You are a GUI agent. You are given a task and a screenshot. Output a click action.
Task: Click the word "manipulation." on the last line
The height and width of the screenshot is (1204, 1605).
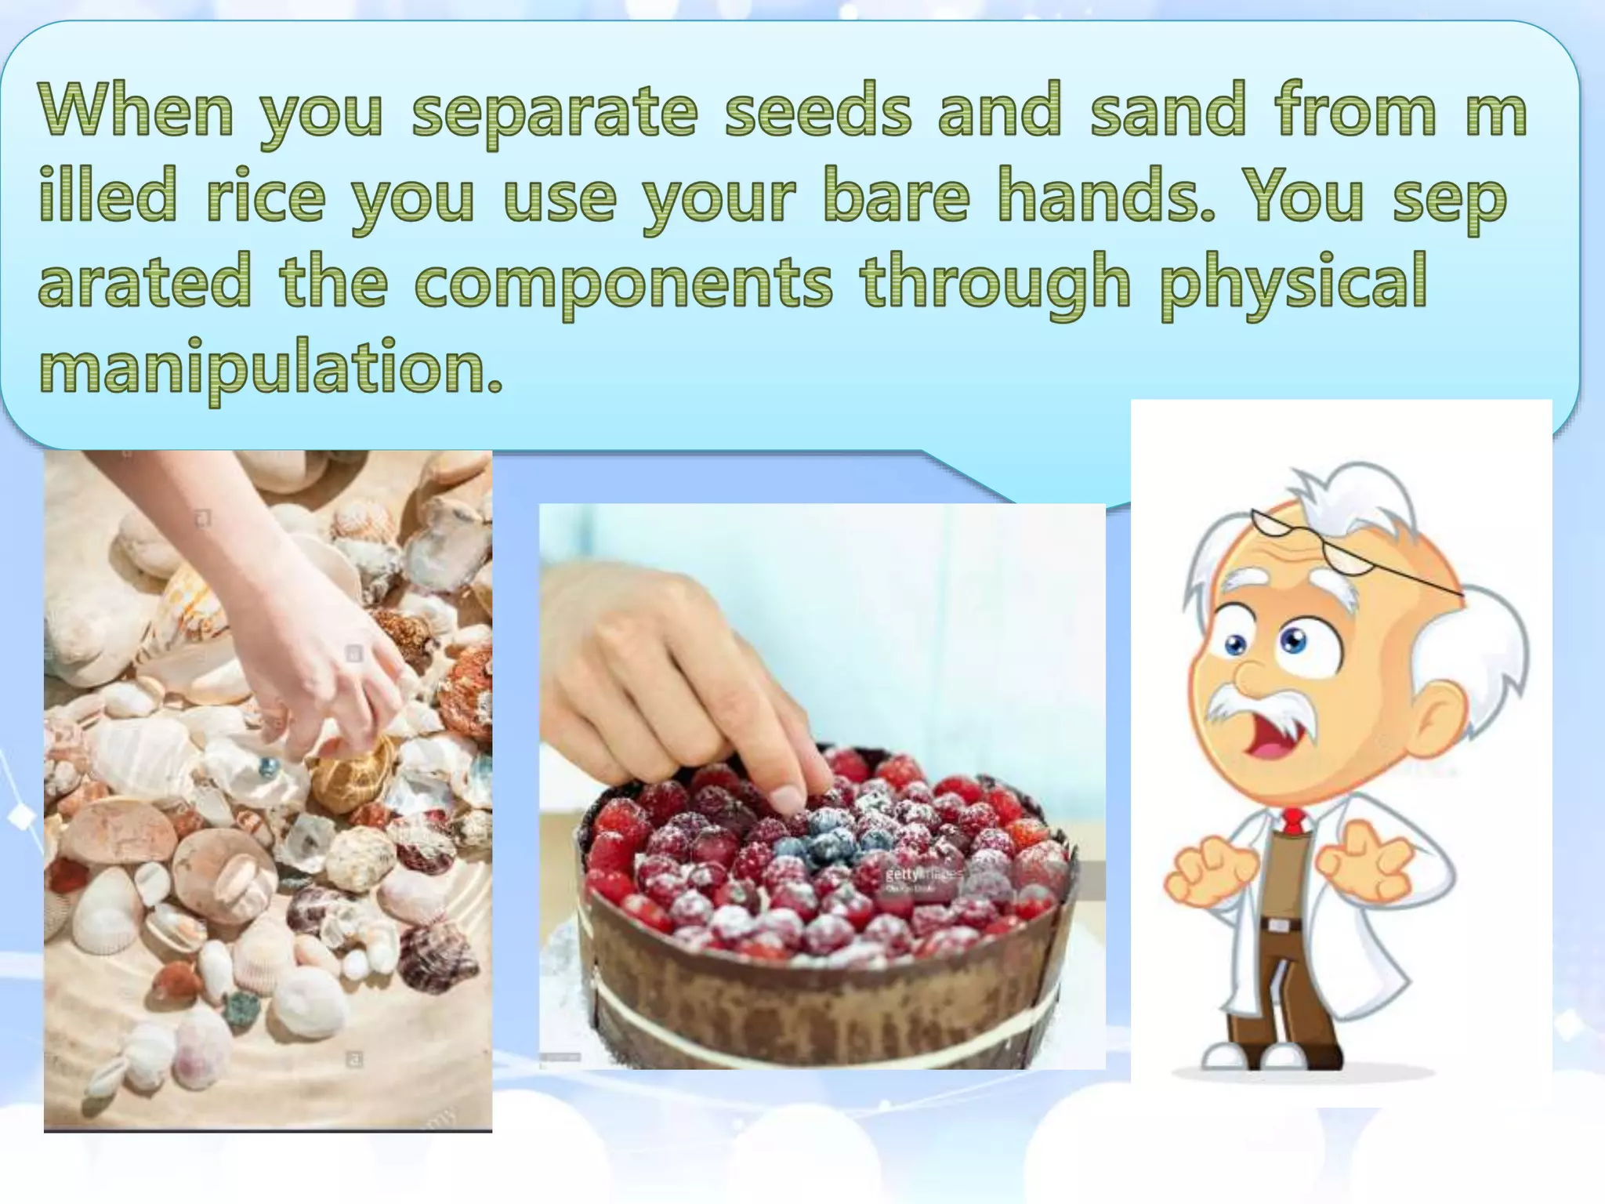(x=270, y=368)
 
